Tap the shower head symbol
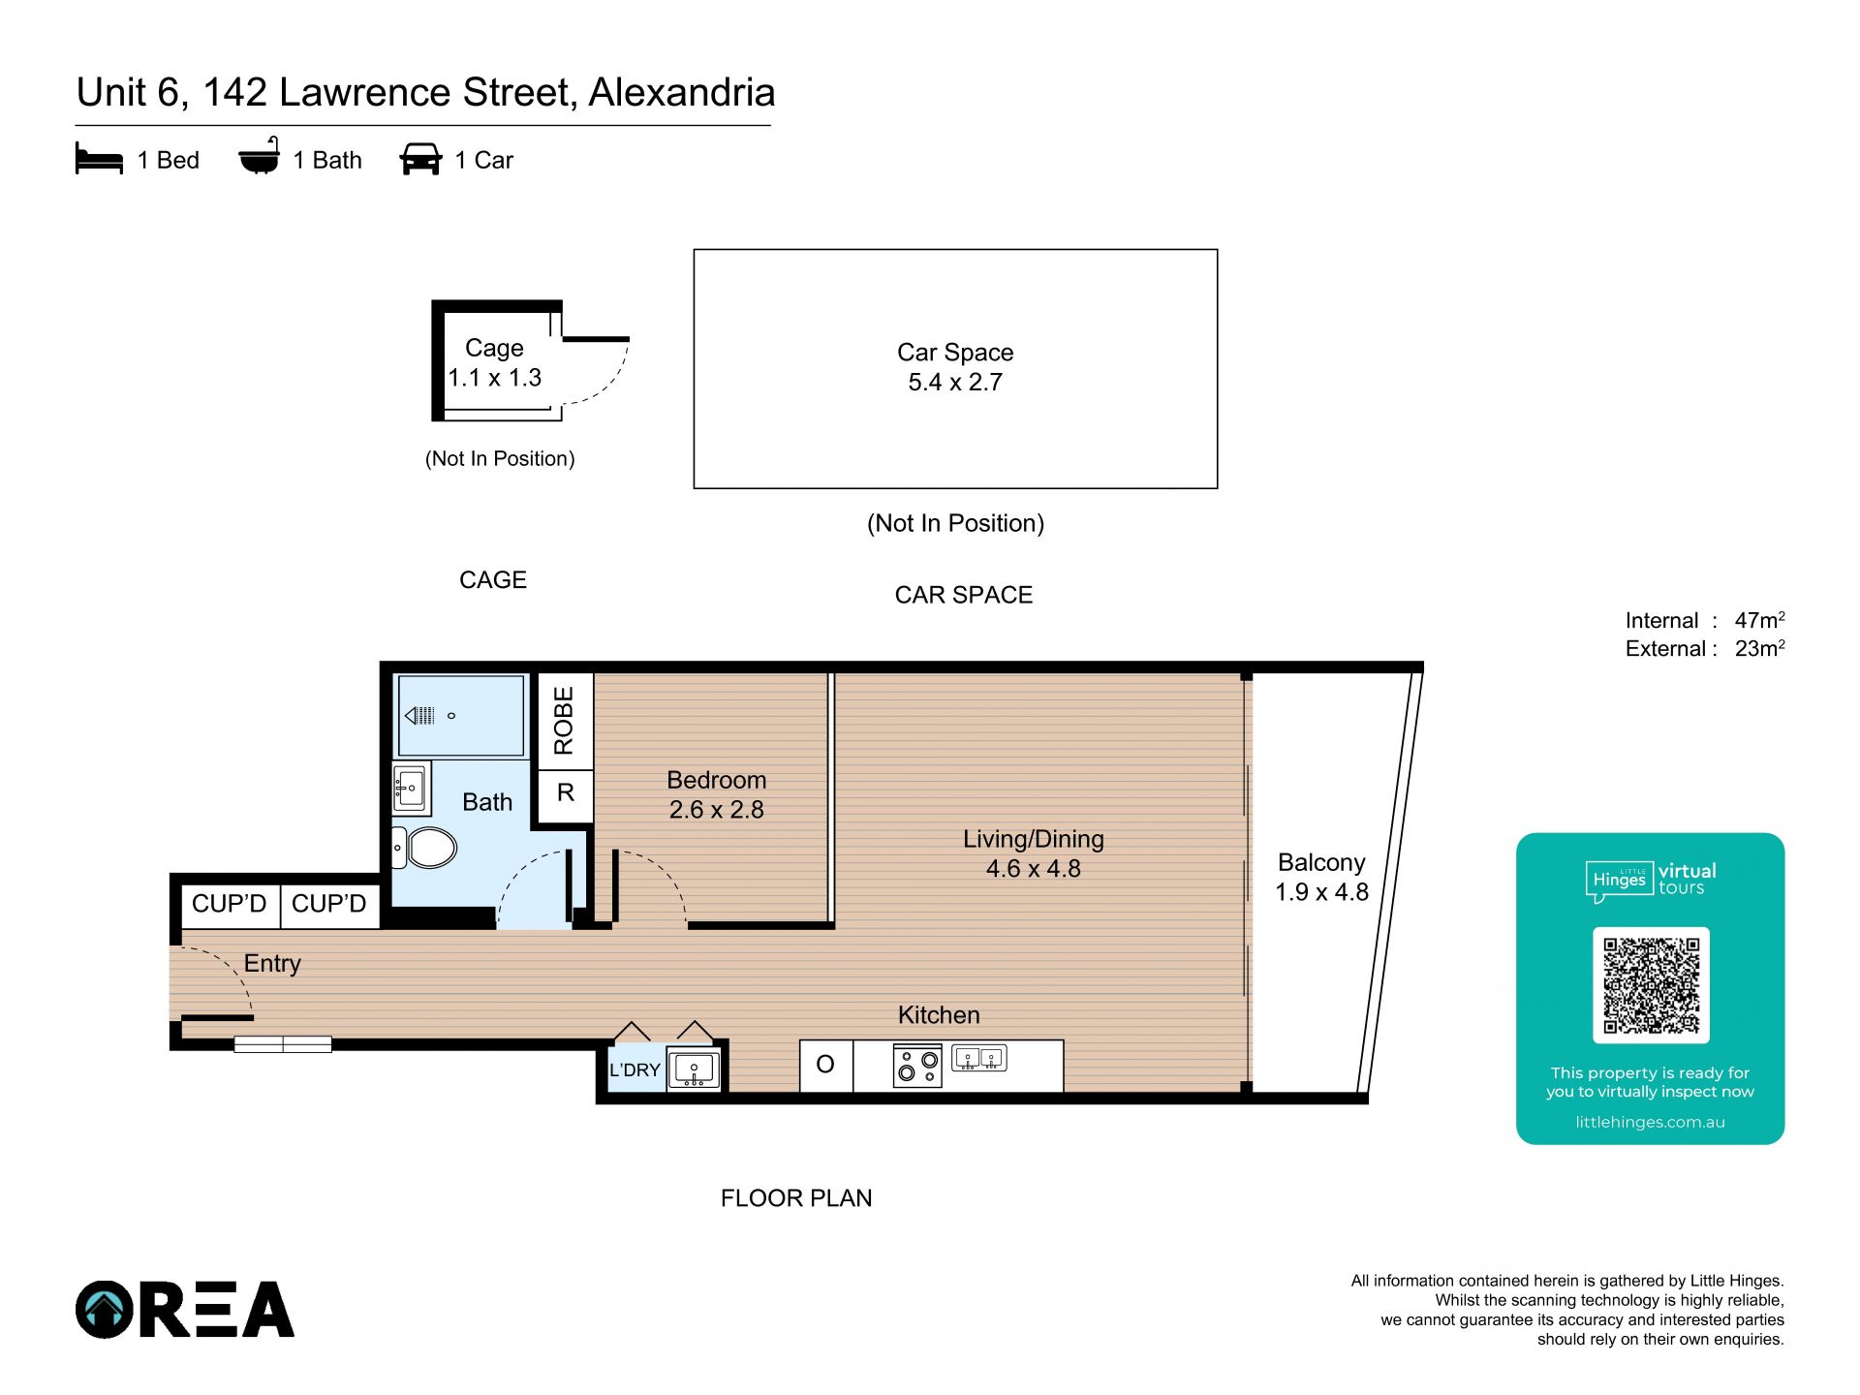[419, 716]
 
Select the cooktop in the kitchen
[917, 1065]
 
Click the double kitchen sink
[979, 1058]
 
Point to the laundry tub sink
[694, 1069]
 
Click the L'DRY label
[635, 1069]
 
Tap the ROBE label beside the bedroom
[564, 721]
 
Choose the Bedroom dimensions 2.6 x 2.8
[717, 810]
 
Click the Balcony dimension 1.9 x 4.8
[1321, 892]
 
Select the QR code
[1651, 985]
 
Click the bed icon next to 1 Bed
[99, 160]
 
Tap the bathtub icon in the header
[260, 156]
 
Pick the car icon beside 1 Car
[420, 160]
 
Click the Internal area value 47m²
[1759, 620]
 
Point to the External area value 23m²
[1759, 648]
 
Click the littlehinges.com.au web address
[1651, 1122]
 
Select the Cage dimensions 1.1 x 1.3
[494, 378]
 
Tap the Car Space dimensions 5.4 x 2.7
[955, 383]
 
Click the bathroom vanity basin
[410, 788]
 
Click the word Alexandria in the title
[682, 93]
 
